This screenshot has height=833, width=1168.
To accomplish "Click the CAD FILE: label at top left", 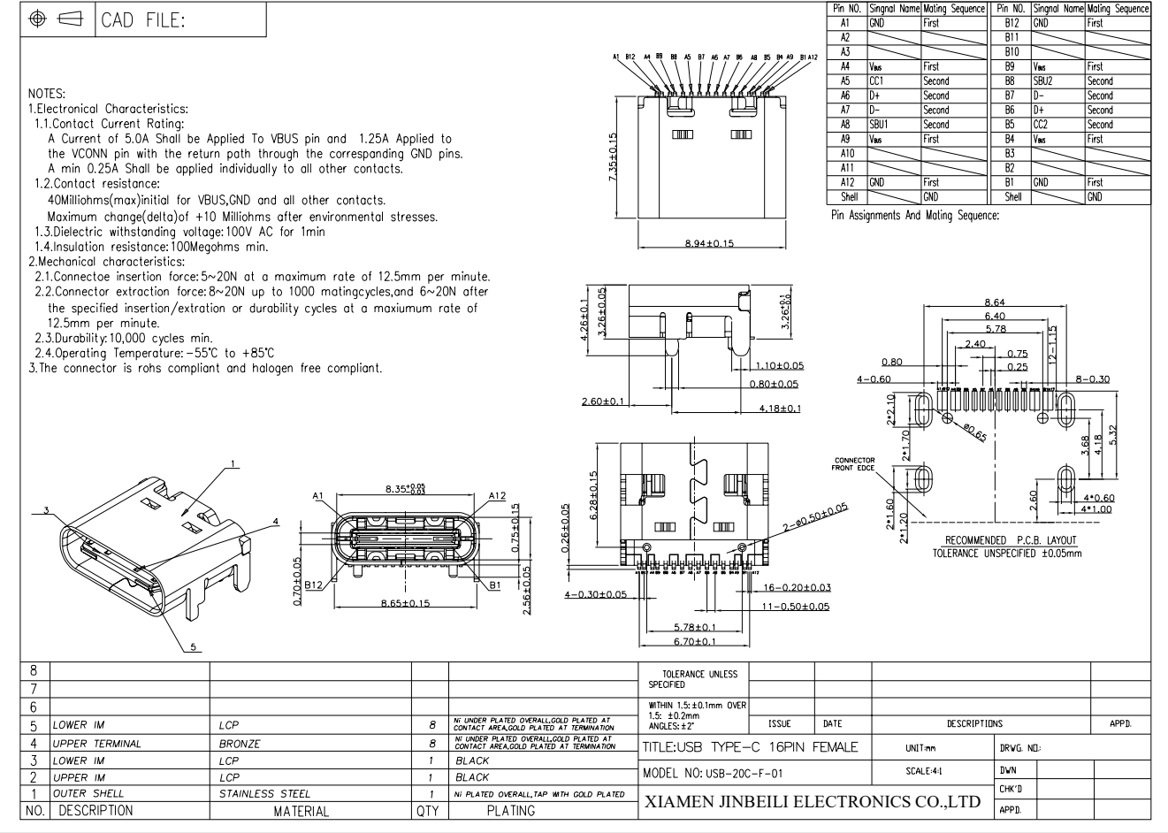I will (143, 20).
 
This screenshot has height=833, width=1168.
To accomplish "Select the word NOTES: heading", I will (47, 93).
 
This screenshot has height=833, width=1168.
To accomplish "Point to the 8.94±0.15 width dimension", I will (709, 243).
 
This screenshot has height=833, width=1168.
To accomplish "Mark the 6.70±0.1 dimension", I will (694, 641).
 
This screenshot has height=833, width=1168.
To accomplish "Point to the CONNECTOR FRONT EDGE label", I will (853, 464).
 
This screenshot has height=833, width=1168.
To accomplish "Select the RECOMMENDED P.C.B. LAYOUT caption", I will (1011, 540).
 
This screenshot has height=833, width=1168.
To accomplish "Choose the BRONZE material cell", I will (240, 744).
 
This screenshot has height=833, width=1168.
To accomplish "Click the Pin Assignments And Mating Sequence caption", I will (915, 215).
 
